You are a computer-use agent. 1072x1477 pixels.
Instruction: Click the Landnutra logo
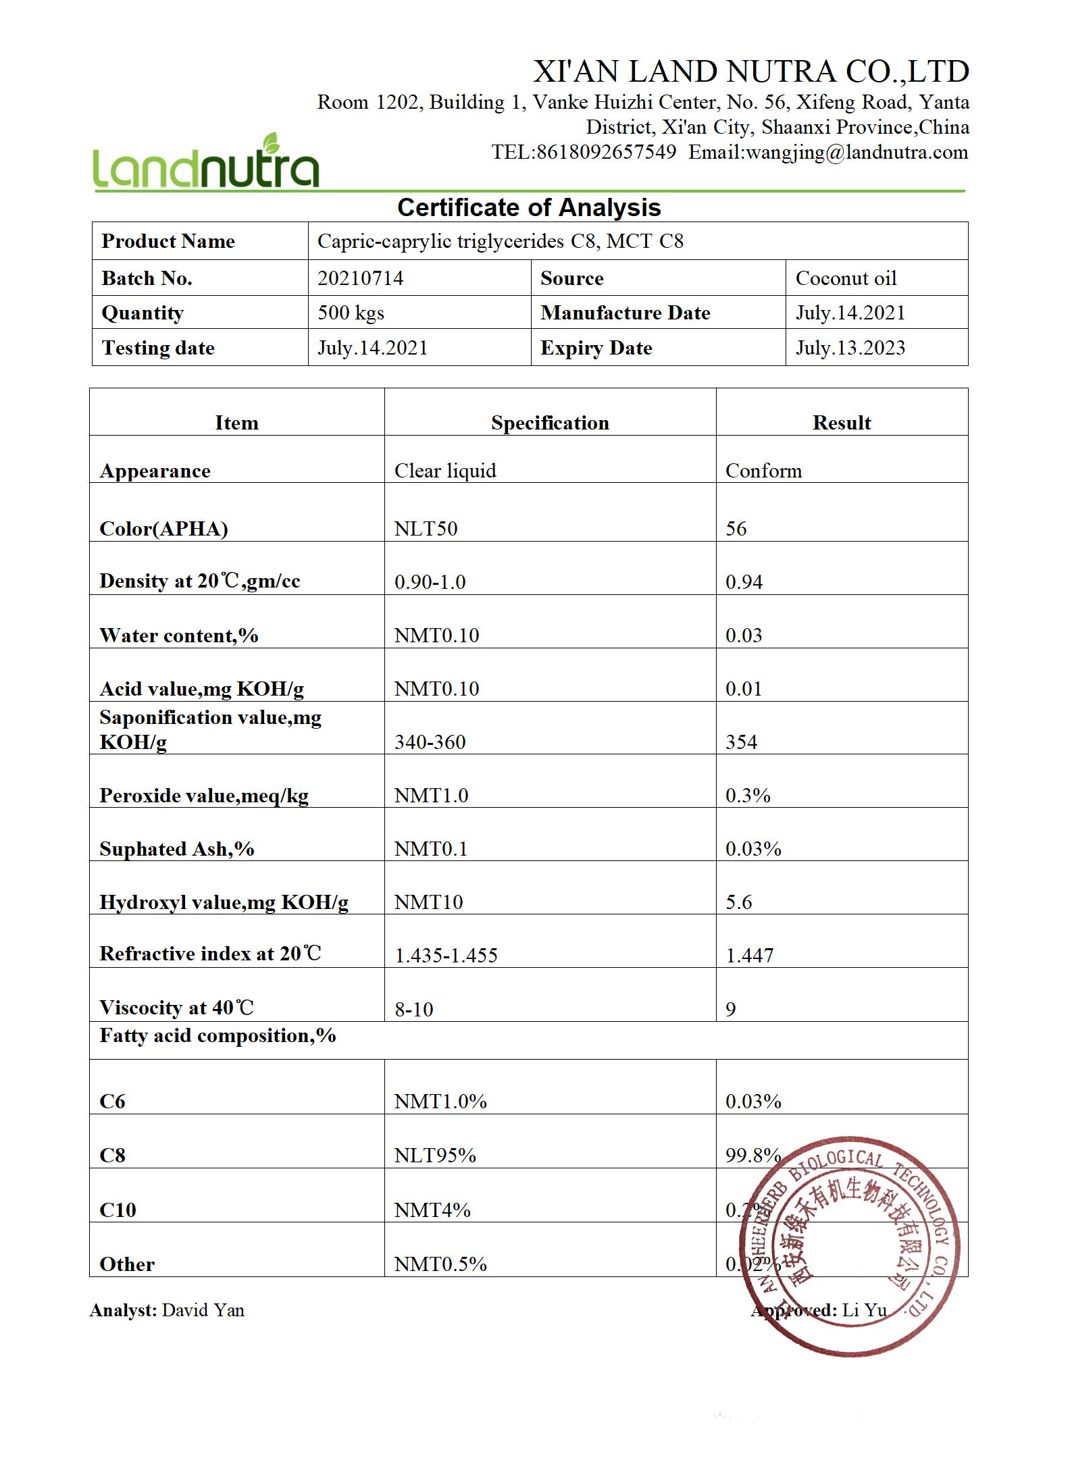205,162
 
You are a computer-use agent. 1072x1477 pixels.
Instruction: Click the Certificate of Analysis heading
529,207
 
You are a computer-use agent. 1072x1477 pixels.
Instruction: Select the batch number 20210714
360,278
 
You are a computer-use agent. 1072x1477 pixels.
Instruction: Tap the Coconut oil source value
846,278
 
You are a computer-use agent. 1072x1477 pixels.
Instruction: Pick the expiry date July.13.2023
850,348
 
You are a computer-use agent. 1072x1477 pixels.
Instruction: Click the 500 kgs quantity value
351,313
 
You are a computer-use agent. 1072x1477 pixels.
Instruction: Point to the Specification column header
550,423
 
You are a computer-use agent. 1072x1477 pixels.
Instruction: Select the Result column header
841,423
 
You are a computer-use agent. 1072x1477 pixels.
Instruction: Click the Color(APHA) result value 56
736,528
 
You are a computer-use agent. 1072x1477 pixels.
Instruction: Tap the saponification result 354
741,742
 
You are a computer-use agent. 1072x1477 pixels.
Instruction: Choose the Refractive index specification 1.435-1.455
446,955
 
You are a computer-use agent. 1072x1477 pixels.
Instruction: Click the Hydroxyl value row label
224,902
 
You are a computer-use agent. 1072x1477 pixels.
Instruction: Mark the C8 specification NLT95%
435,1156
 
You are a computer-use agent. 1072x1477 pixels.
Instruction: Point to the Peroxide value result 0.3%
748,795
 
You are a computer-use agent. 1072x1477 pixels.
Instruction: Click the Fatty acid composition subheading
218,1036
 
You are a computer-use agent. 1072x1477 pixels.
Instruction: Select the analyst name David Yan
203,1310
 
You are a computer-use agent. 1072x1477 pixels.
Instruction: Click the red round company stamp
848,1245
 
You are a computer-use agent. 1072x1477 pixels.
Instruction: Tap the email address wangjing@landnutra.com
828,152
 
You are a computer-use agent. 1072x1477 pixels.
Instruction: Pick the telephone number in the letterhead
584,152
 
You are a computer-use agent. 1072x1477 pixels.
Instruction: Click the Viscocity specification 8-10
413,1009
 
